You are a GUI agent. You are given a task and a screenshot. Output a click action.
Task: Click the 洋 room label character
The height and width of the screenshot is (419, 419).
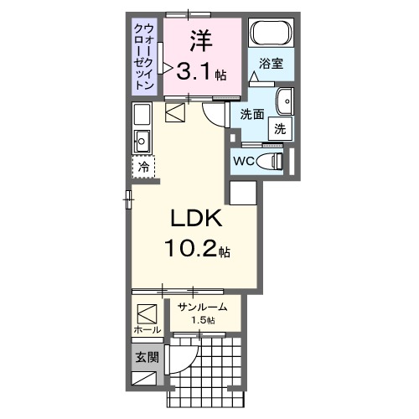coord(199,39)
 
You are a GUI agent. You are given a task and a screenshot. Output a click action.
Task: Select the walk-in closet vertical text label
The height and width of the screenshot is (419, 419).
coord(144,56)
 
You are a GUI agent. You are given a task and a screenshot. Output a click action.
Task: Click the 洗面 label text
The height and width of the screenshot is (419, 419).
coord(252,113)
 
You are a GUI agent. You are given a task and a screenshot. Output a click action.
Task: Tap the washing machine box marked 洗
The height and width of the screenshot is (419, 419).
coord(280,129)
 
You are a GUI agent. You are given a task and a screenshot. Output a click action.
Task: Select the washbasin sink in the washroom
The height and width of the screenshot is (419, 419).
coord(285,100)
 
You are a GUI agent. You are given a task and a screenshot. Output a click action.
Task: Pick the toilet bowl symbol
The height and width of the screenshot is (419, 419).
coord(271,159)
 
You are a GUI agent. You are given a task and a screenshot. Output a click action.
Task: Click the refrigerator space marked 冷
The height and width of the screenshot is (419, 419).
coord(143,167)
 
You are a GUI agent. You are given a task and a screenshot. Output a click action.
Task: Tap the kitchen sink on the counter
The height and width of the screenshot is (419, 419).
coord(141,140)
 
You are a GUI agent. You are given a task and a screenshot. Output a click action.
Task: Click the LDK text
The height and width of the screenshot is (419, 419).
coord(196,219)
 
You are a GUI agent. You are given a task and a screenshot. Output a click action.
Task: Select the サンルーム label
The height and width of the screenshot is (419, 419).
coord(201,308)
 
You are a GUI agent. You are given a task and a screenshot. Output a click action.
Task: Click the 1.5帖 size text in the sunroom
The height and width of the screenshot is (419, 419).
coord(201,321)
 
